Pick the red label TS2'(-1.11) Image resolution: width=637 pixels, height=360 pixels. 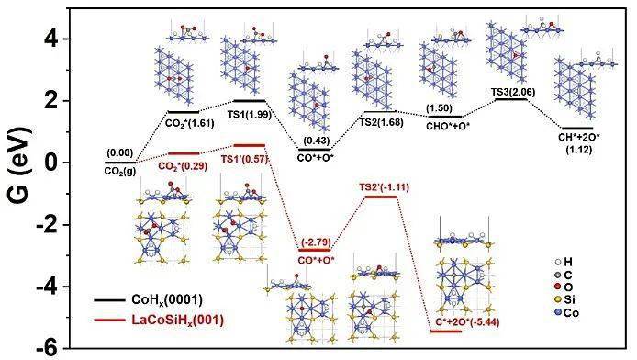click(x=381, y=186)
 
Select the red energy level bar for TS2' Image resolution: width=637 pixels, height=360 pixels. click(x=381, y=196)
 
